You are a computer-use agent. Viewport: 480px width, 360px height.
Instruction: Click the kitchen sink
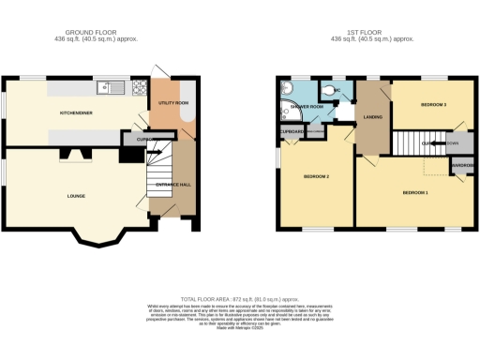point(112,89)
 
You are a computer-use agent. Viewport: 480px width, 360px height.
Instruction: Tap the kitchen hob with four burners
point(138,89)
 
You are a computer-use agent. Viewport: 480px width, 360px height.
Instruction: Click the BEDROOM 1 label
point(415,192)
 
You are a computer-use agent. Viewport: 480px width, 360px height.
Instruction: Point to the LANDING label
point(369,116)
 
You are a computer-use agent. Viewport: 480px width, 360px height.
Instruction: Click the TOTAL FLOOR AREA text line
point(239,296)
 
